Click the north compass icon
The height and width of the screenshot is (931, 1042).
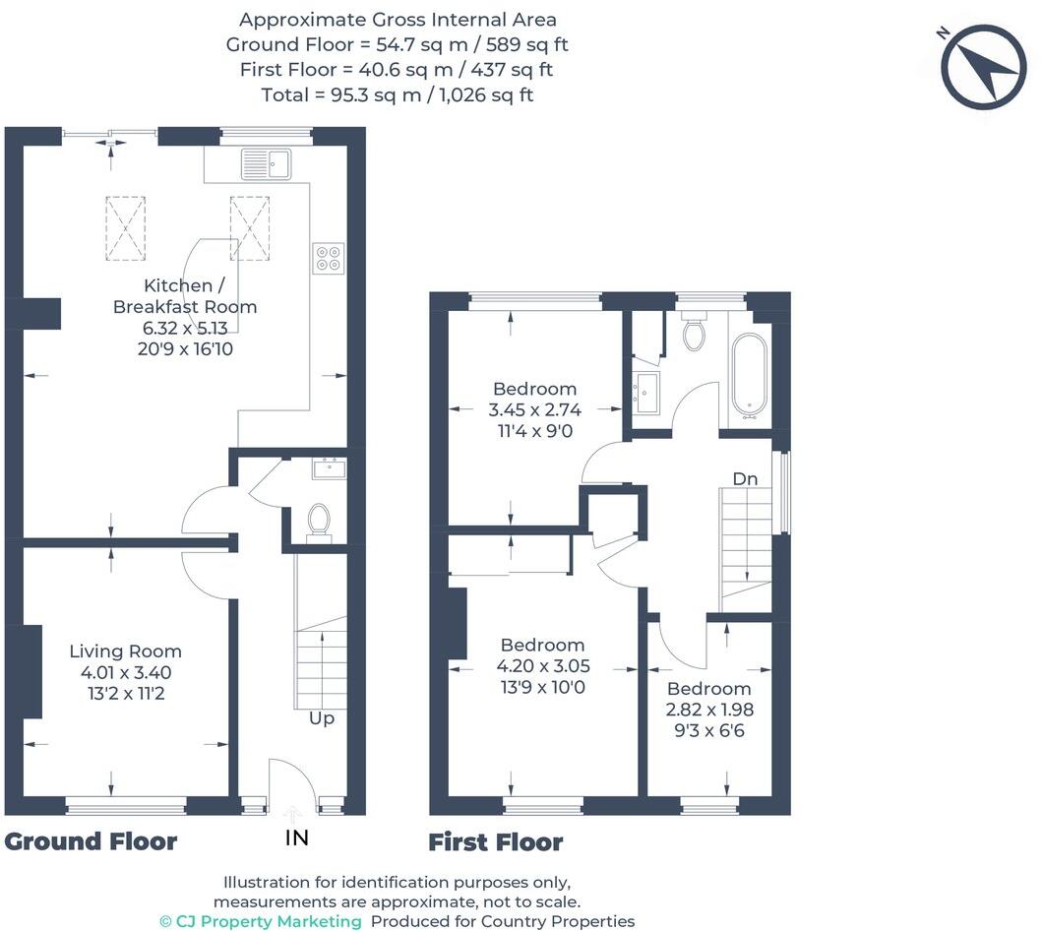pos(983,67)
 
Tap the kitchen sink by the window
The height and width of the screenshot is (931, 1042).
pos(265,164)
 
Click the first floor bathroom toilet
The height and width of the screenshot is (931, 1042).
pos(694,333)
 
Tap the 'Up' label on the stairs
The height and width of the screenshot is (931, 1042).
pos(322,718)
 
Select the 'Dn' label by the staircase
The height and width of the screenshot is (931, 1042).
pos(745,478)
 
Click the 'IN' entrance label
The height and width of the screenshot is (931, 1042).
pos(296,838)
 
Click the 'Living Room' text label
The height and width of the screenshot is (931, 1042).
pos(125,652)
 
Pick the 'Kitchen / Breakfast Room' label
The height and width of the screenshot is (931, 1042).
pos(185,296)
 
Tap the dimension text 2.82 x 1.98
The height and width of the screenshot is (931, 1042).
pos(709,710)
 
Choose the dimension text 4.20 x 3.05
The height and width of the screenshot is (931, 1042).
pos(543,666)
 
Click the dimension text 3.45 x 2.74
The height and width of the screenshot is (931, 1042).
pos(535,409)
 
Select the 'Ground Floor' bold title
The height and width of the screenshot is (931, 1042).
pos(91,841)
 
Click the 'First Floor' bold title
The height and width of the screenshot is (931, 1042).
pos(496,842)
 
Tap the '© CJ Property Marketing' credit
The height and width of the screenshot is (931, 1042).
pos(261,921)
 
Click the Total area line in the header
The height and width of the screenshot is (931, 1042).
pos(398,95)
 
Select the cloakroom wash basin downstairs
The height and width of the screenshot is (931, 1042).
pos(329,467)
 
